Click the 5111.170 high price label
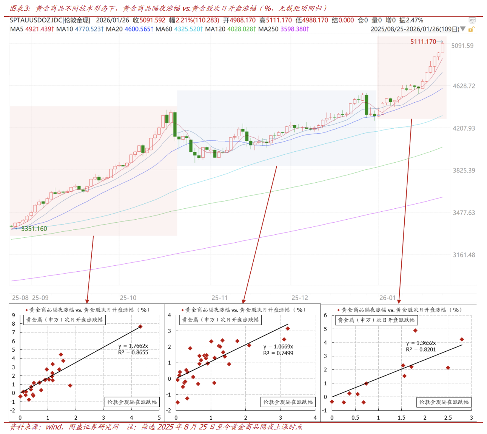tap(423, 42)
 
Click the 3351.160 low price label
tap(34, 229)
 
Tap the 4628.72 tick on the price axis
tap(464, 86)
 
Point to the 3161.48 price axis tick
tap(464, 255)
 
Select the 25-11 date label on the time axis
tap(219, 298)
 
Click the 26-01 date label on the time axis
tap(387, 298)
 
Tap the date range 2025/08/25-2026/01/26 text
tap(415, 29)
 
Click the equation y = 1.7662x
tap(133, 346)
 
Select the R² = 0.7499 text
tap(278, 353)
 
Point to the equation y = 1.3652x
tap(421, 343)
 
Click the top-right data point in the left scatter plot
tap(140, 326)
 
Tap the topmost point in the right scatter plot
tap(415, 331)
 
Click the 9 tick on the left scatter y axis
tap(14, 315)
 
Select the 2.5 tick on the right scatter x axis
tap(448, 418)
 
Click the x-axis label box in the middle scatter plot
tap(288, 402)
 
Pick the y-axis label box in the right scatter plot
tap(376, 320)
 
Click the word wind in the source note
tap(54, 427)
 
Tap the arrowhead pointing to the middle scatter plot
tap(243, 301)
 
